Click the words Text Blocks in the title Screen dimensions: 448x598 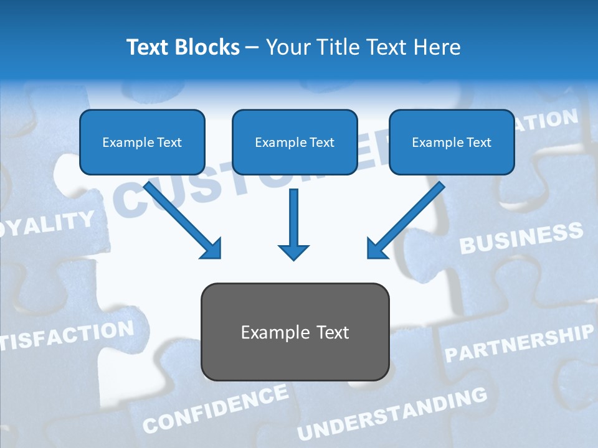183,47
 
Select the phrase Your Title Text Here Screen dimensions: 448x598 363,47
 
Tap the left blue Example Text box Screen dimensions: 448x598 142,142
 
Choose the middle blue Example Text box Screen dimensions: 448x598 295,142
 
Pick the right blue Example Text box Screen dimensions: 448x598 452,142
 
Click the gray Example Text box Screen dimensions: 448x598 295,332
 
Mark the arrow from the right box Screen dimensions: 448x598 409,218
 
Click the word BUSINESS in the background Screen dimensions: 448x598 521,238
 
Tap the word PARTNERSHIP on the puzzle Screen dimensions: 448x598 518,343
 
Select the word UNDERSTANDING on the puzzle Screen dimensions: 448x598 392,414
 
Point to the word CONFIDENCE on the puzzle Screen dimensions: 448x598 216,409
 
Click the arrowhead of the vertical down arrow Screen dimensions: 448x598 293,251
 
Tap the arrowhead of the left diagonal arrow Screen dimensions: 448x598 212,249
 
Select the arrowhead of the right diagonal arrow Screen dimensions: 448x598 376,249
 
